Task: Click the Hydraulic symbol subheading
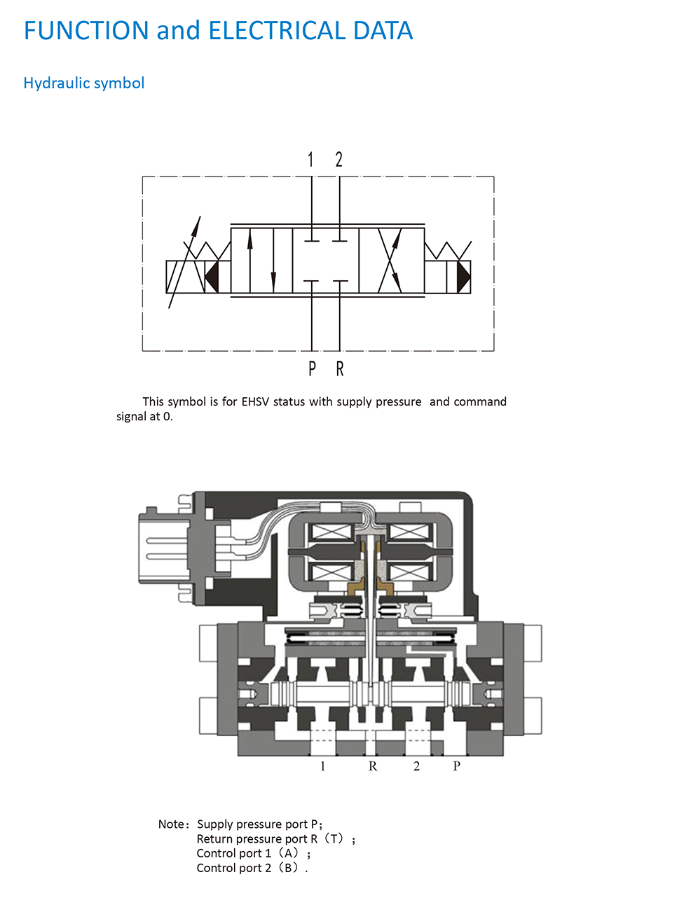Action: [x=84, y=83]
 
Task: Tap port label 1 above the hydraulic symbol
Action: [x=310, y=159]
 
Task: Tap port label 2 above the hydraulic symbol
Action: [x=339, y=159]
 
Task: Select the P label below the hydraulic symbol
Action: [x=313, y=368]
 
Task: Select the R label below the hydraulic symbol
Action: [x=340, y=368]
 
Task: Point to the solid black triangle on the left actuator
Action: [x=212, y=277]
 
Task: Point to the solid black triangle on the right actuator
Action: [x=464, y=277]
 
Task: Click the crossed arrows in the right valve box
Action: [x=390, y=261]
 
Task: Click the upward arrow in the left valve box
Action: [x=249, y=261]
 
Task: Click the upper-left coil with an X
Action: [x=331, y=532]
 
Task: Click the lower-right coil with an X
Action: [x=409, y=572]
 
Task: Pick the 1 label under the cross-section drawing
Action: [x=323, y=766]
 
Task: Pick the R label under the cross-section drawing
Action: [x=373, y=766]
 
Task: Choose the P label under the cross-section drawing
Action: [x=456, y=766]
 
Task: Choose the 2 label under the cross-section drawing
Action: [x=416, y=766]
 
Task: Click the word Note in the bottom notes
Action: [x=171, y=824]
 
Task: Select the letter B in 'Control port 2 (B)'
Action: [x=288, y=867]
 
